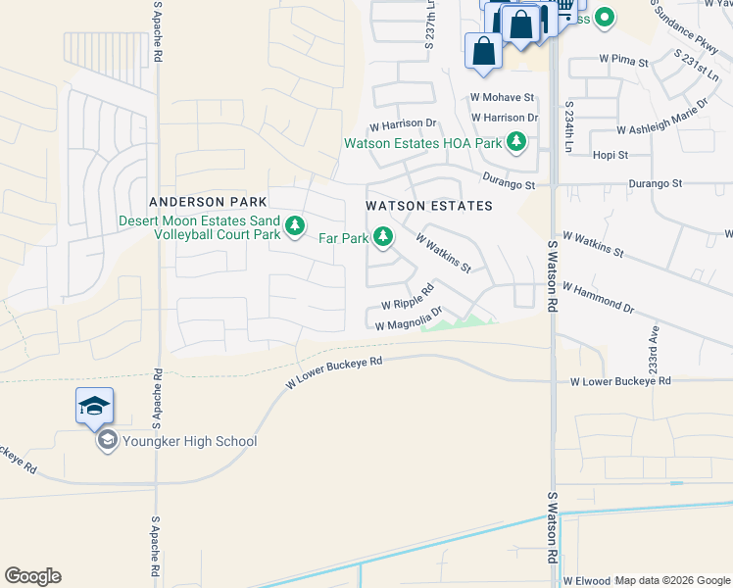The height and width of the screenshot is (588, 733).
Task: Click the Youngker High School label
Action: click(x=189, y=441)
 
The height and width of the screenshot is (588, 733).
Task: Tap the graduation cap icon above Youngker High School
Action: click(x=94, y=405)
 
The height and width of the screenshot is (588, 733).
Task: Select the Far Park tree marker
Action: click(x=383, y=236)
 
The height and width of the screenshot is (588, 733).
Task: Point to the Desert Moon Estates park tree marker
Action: click(x=294, y=227)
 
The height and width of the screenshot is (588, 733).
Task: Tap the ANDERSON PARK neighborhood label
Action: click(x=194, y=202)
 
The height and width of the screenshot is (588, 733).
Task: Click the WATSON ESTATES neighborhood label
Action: click(x=428, y=206)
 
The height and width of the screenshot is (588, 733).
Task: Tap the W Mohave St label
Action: click(x=502, y=98)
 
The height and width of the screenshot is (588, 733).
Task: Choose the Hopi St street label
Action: click(x=610, y=155)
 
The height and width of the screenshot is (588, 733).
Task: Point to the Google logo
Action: click(x=32, y=576)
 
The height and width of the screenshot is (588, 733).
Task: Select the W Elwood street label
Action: click(x=586, y=580)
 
